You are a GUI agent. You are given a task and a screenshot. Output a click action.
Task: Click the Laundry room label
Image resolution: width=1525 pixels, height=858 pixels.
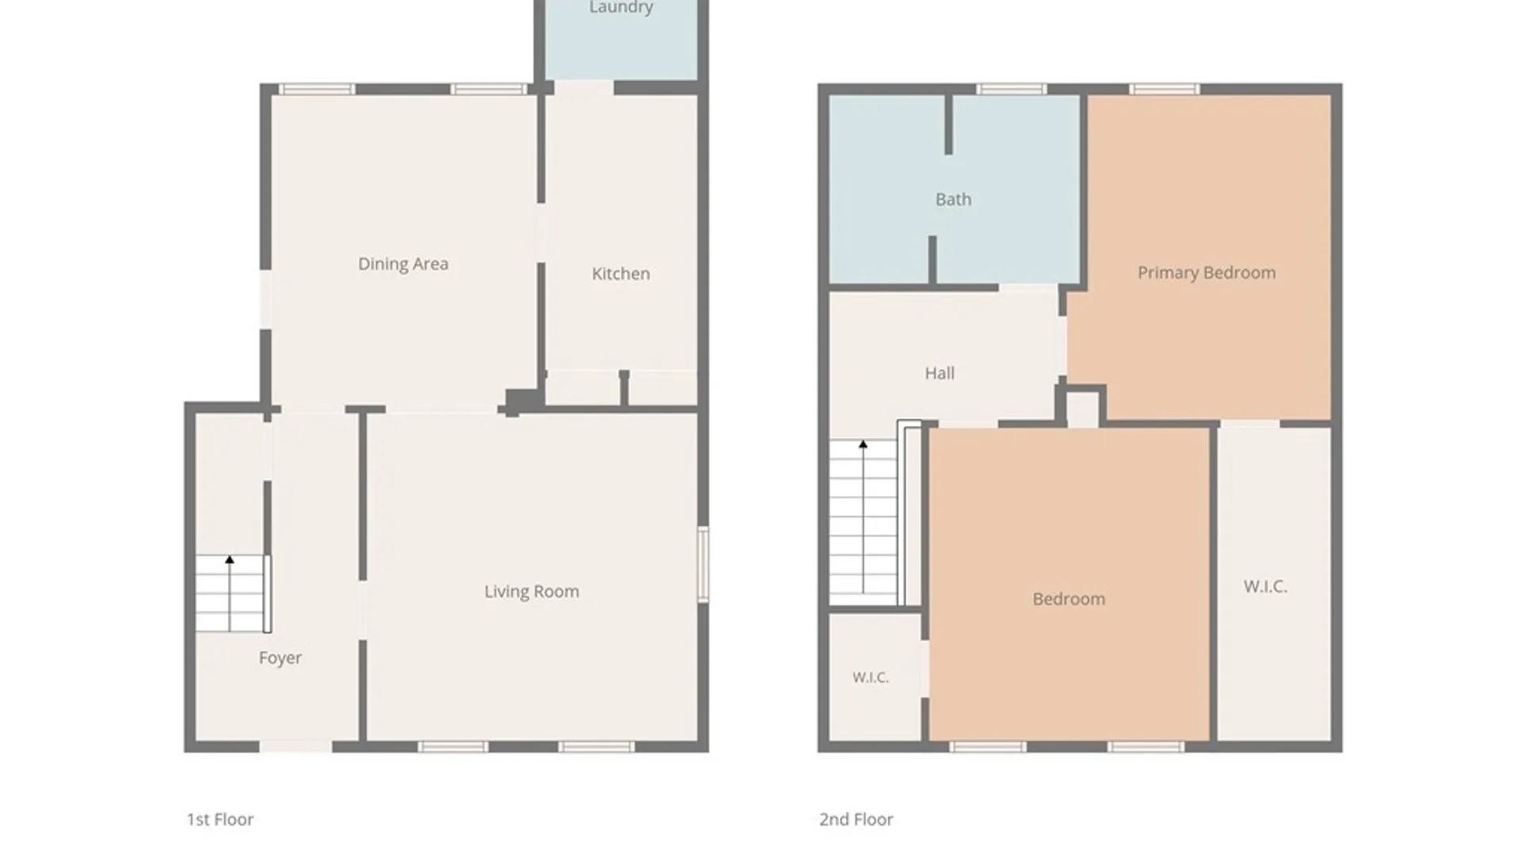tap(621, 7)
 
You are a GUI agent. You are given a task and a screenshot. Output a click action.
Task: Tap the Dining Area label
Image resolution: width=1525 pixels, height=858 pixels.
tap(403, 264)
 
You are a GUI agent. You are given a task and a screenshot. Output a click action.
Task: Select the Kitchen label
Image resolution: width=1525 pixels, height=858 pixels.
tap(620, 273)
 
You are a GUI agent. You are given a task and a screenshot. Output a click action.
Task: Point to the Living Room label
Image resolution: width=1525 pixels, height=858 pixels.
tap(531, 591)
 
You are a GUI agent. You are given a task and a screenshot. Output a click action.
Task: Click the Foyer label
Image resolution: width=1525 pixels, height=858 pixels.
tap(280, 658)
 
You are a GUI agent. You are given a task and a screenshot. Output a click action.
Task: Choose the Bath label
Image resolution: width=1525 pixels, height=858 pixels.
tap(953, 199)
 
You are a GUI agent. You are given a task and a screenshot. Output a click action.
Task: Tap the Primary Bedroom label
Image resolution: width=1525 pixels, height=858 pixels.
tap(1206, 272)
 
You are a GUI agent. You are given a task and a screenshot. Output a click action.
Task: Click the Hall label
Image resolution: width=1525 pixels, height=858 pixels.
tap(940, 373)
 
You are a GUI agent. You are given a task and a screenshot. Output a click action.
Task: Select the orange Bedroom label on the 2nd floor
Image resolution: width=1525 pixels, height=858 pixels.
tap(1068, 599)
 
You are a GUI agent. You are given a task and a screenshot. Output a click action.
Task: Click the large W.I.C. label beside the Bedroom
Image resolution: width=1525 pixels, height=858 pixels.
tap(1265, 586)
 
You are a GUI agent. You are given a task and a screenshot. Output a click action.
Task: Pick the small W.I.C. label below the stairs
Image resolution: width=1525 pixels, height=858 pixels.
tap(871, 678)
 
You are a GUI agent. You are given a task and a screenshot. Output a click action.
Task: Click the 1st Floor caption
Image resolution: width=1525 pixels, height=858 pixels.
tap(220, 819)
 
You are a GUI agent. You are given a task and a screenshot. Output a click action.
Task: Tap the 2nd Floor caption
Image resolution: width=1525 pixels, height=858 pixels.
tap(856, 819)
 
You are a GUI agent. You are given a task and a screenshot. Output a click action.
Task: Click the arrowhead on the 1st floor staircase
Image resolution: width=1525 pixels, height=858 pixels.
tap(230, 559)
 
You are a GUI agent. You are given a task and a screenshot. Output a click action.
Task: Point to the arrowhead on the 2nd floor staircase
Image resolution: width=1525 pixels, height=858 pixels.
tap(863, 444)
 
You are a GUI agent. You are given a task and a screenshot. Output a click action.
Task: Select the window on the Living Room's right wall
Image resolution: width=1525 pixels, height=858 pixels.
tap(703, 564)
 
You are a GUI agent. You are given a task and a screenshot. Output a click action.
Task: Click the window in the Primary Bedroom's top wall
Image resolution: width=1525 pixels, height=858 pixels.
tap(1164, 89)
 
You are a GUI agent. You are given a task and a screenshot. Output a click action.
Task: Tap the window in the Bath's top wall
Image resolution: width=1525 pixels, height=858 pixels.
tap(1010, 89)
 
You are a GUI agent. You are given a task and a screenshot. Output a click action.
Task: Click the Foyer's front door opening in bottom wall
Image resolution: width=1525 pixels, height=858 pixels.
tap(295, 746)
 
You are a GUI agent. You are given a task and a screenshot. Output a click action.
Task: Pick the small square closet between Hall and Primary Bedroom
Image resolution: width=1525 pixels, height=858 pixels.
tap(1082, 408)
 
